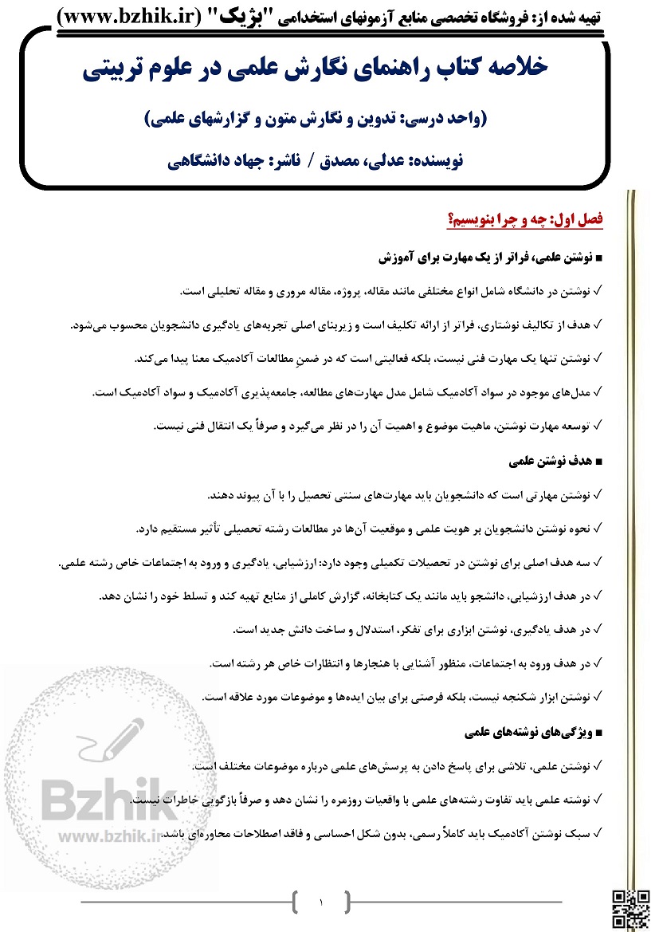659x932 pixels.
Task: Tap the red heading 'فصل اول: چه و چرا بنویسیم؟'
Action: (527, 217)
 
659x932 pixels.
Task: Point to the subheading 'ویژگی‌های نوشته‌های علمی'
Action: (530, 730)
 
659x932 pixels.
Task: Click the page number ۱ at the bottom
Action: (320, 903)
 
